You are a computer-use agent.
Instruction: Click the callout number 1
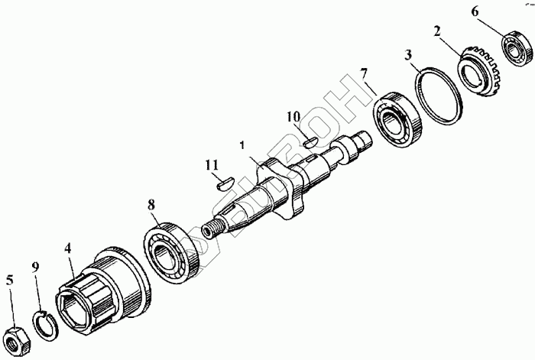[x=241, y=144]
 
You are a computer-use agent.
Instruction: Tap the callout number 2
[x=436, y=32]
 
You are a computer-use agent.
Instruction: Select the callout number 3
[x=409, y=56]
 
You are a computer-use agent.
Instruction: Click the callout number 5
[x=9, y=280]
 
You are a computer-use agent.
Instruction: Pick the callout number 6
[x=475, y=12]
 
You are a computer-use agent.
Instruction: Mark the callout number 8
[x=151, y=205]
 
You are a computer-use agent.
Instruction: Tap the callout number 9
[x=34, y=267]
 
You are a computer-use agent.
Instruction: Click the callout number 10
[x=293, y=116]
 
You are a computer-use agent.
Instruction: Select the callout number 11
[x=212, y=164]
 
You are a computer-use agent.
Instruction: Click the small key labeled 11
[x=222, y=181]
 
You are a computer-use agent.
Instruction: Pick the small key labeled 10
[x=310, y=140]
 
